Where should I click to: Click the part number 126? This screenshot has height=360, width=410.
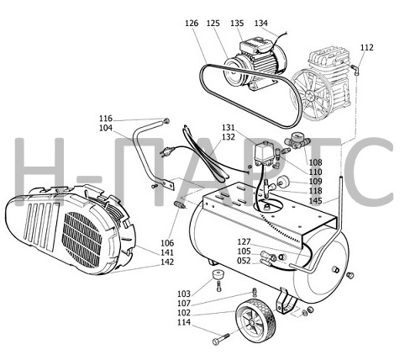[x=192, y=24]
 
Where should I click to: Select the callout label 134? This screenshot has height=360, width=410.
[x=261, y=24]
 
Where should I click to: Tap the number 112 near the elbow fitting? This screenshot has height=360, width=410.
[x=367, y=47]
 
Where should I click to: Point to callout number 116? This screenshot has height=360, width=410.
[x=106, y=119]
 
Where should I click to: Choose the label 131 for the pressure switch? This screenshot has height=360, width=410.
[x=229, y=128]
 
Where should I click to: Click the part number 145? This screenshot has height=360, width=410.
[x=316, y=201]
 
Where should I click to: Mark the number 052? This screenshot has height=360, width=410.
[x=244, y=261]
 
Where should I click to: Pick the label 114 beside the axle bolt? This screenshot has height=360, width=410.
[x=184, y=322]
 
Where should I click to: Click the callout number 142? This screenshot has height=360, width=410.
[x=167, y=262]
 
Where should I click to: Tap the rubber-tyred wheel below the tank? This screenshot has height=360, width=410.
[x=256, y=320]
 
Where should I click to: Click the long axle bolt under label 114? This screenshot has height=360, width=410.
[x=221, y=339]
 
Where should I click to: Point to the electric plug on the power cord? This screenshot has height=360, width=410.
[x=167, y=151]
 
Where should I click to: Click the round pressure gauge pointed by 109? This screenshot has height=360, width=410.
[x=283, y=181]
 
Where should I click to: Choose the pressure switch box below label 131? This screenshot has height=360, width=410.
[x=264, y=154]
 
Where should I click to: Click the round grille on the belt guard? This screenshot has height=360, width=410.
[x=81, y=240]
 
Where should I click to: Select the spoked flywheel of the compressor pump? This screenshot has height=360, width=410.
[x=312, y=95]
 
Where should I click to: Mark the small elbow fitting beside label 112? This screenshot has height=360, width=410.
[x=355, y=70]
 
